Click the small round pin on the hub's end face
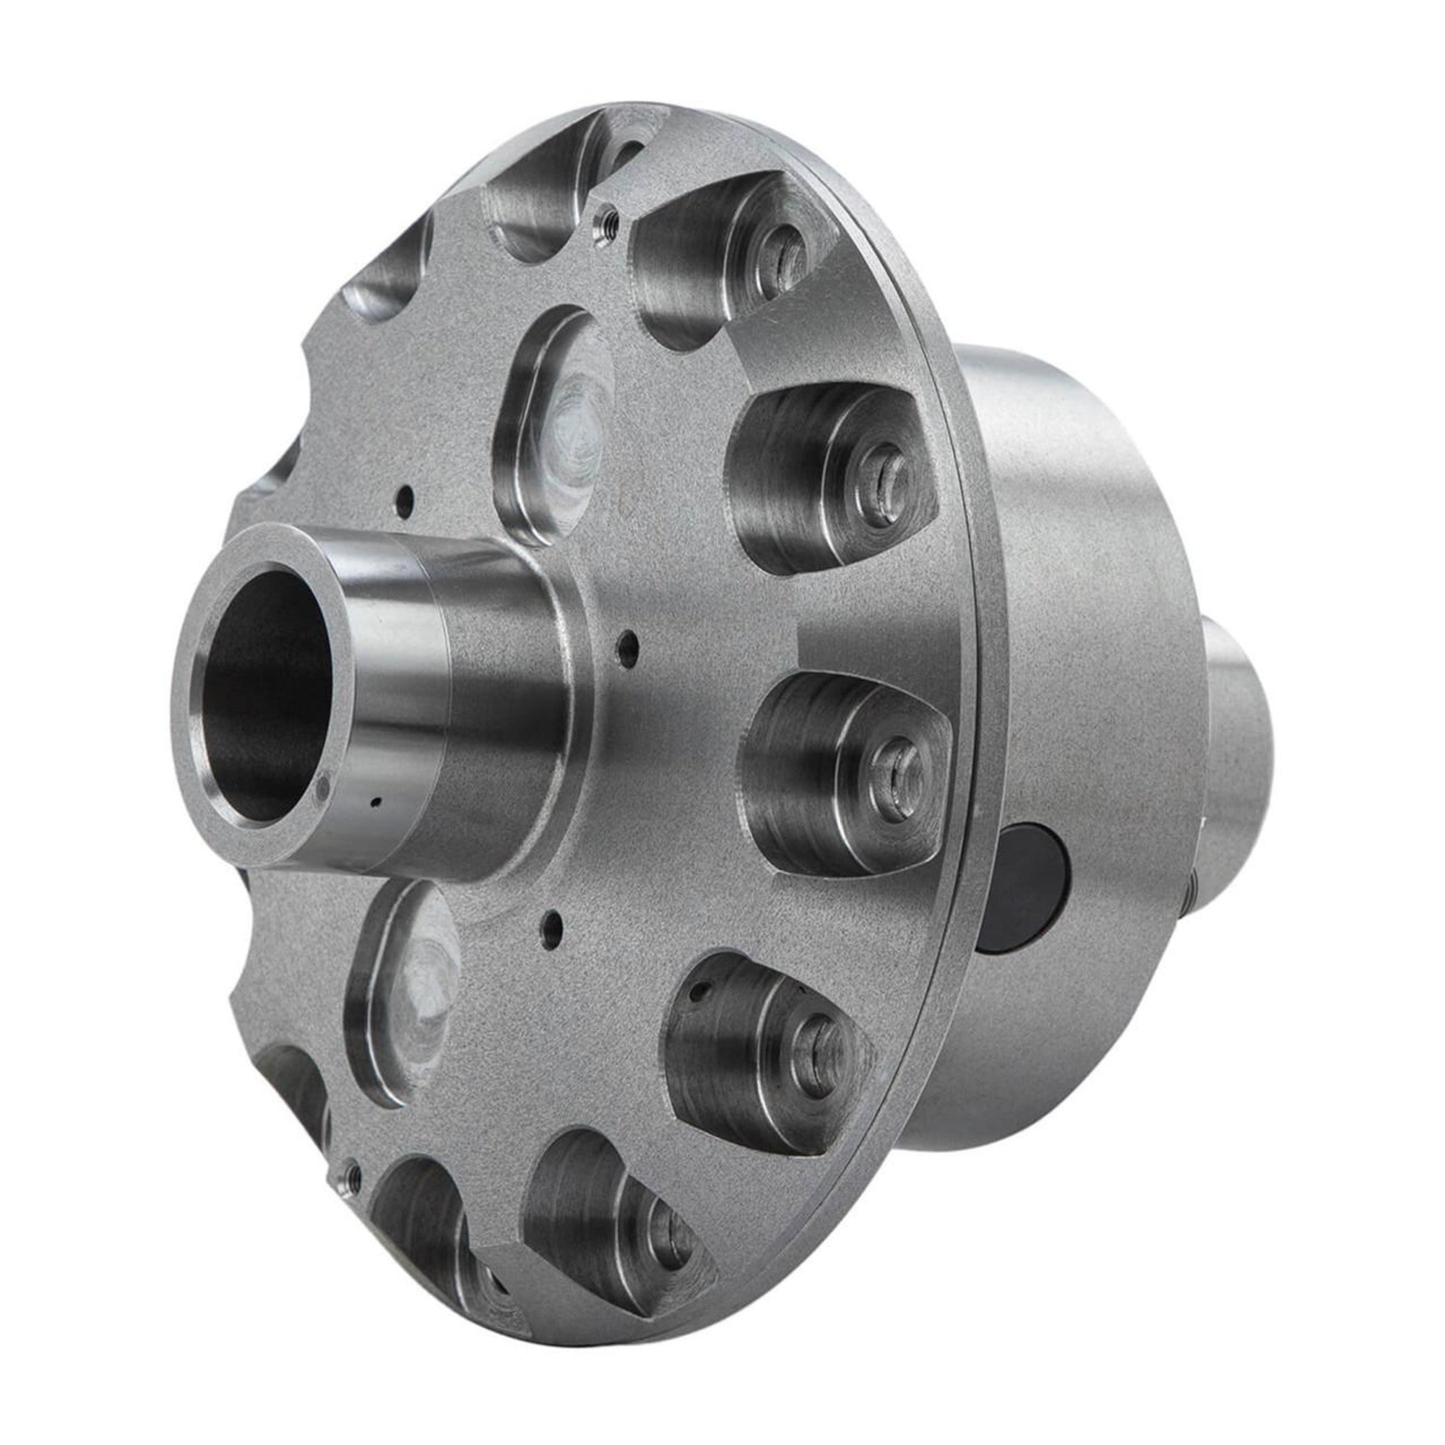pos(323,785)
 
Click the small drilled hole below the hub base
pos(551,918)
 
